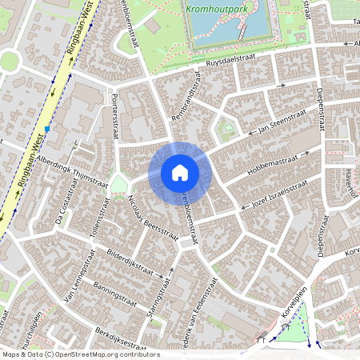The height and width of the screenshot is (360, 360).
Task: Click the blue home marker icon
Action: [x=180, y=172]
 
